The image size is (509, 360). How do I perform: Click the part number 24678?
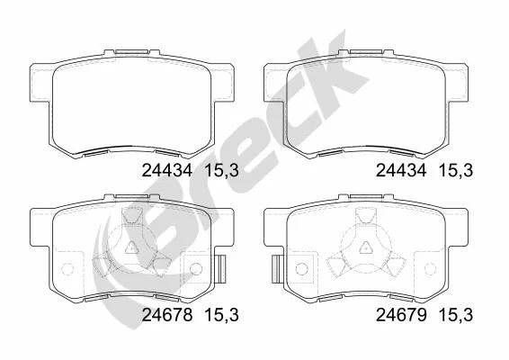(x=167, y=315)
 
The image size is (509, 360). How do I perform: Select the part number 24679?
(x=401, y=315)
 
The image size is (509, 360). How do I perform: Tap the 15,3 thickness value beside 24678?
(x=222, y=316)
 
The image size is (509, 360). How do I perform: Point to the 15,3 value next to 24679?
(x=456, y=316)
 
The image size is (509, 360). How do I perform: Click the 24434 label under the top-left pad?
(x=167, y=170)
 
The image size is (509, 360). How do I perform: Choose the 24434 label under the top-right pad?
(x=401, y=170)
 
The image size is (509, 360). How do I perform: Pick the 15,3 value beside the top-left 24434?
(x=222, y=171)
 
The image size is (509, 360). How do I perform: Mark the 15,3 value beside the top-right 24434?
(x=456, y=171)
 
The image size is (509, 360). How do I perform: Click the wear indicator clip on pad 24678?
(x=221, y=269)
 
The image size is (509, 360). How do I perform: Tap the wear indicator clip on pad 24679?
(x=276, y=269)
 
